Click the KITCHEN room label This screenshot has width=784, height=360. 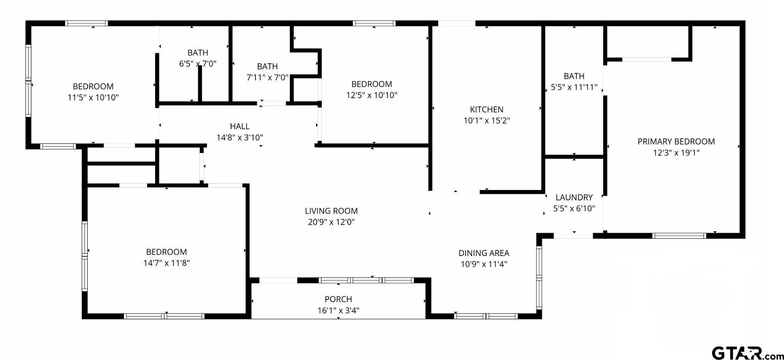pyautogui.click(x=486, y=109)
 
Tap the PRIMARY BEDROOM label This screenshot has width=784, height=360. pyautogui.click(x=676, y=142)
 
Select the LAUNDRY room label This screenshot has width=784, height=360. pyautogui.click(x=574, y=197)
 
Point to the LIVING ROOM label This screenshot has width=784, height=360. pyautogui.click(x=331, y=211)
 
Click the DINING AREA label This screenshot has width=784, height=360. pyautogui.click(x=484, y=253)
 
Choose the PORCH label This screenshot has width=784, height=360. pyautogui.click(x=338, y=299)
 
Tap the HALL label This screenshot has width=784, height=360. pyautogui.click(x=239, y=126)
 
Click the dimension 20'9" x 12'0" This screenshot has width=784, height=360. pyautogui.click(x=331, y=222)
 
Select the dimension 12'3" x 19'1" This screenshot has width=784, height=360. pyautogui.click(x=676, y=153)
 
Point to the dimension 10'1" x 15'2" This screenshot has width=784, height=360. pyautogui.click(x=486, y=121)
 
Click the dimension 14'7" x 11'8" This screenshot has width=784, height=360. pyautogui.click(x=166, y=263)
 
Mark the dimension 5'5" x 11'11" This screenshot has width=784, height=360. pyautogui.click(x=574, y=87)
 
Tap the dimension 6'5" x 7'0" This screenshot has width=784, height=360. pyautogui.click(x=198, y=64)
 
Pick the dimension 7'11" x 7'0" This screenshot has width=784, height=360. pyautogui.click(x=267, y=77)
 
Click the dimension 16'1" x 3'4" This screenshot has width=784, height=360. pyautogui.click(x=338, y=310)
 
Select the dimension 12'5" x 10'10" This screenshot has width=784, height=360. pyautogui.click(x=372, y=95)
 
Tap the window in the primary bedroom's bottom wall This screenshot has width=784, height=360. pyautogui.click(x=679, y=236)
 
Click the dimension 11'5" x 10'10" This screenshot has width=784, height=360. pyautogui.click(x=93, y=98)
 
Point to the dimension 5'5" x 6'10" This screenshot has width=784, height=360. pyautogui.click(x=574, y=208)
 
